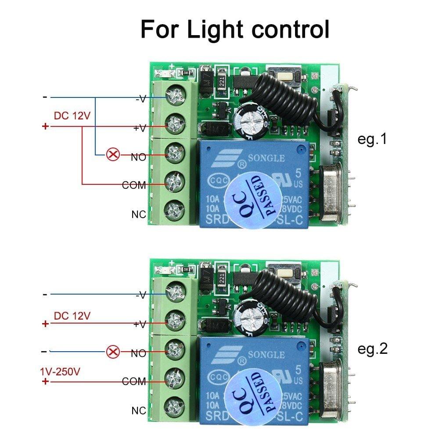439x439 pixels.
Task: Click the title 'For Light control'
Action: coord(235,29)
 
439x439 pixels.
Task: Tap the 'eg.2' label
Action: coord(372,349)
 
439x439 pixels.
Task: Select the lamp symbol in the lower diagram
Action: coord(113,351)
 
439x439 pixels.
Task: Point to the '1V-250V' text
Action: coord(60,371)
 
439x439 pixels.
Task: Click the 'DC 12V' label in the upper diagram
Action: coord(72,116)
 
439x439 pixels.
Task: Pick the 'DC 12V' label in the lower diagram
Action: coord(72,315)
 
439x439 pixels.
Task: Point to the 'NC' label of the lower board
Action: coord(139,411)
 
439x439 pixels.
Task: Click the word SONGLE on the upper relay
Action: coord(267,158)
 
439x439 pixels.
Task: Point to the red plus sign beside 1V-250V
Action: coord(45,381)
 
